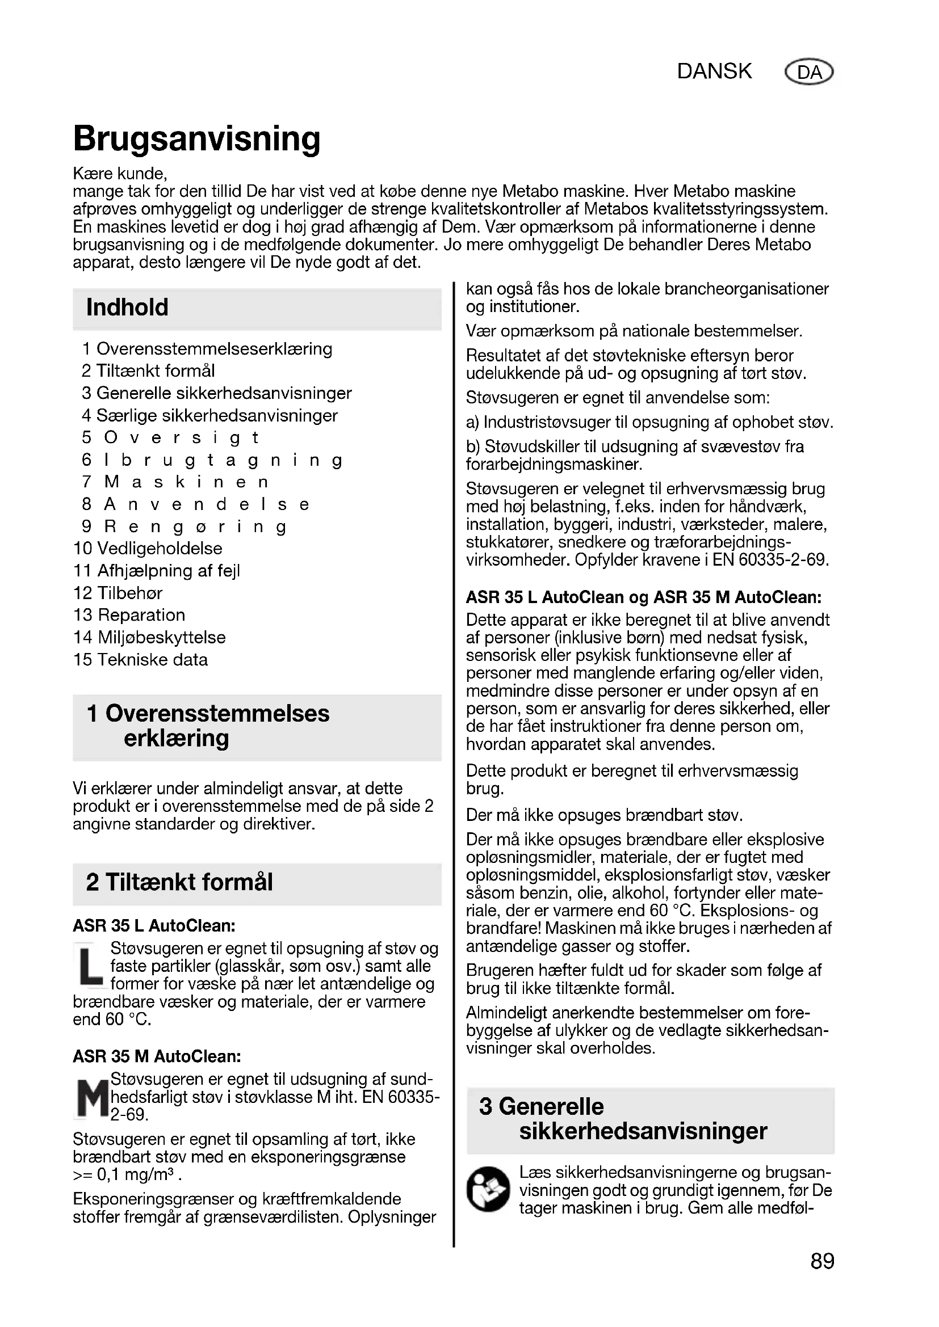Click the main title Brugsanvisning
(x=196, y=140)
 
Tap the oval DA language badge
(x=809, y=72)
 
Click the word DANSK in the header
(x=714, y=71)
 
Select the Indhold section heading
(x=127, y=307)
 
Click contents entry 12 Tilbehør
(x=118, y=593)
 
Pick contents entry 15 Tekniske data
(x=140, y=659)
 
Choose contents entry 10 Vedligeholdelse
(x=148, y=549)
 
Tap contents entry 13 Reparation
(x=129, y=615)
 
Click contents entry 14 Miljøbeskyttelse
(x=150, y=638)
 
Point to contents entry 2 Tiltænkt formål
(x=148, y=371)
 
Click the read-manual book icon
(x=488, y=1190)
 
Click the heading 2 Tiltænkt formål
(x=179, y=883)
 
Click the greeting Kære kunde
(x=120, y=174)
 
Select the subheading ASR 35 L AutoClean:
(x=154, y=926)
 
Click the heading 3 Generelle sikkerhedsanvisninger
(x=623, y=1118)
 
